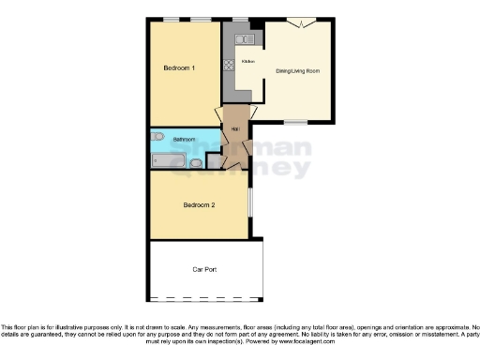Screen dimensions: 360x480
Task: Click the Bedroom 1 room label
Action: tap(179, 67)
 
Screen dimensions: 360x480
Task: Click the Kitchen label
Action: tap(248, 62)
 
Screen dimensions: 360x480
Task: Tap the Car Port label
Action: tap(204, 270)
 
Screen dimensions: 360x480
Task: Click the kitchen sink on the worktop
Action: tap(244, 39)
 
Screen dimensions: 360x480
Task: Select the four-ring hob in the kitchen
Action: tap(228, 66)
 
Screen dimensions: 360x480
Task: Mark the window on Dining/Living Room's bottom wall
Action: tap(296, 122)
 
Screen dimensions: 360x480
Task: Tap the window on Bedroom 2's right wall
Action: tap(249, 202)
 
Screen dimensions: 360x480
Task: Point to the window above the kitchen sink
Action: tap(240, 20)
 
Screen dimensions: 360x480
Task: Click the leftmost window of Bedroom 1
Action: tap(171, 19)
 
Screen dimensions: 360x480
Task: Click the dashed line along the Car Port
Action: tap(204, 300)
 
